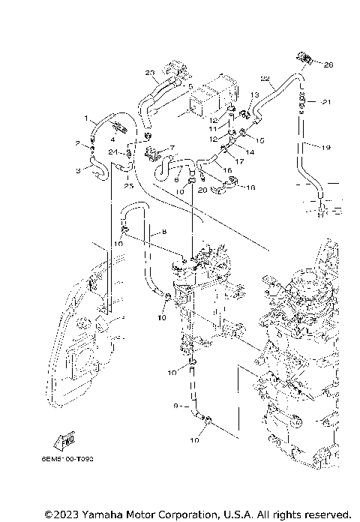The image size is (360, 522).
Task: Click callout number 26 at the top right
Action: [x=328, y=65]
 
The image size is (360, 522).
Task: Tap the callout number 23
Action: [x=150, y=73]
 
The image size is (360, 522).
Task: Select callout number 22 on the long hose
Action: [x=265, y=79]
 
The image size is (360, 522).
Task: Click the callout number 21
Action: [x=326, y=102]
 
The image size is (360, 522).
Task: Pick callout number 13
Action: [x=255, y=94]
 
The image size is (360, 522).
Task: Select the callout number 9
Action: [x=175, y=406]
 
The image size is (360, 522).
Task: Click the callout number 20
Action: [x=202, y=191]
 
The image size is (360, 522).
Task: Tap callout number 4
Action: [x=112, y=138]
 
